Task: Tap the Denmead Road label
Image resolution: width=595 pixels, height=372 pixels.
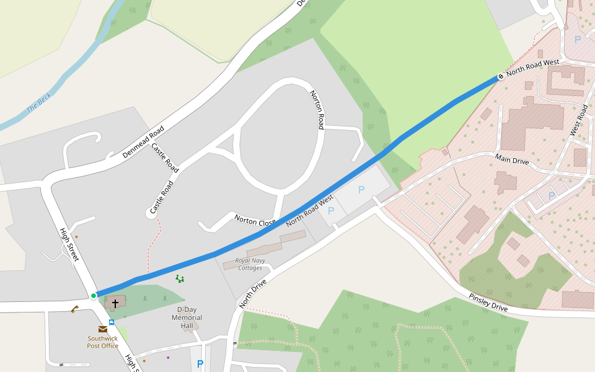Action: tap(143, 141)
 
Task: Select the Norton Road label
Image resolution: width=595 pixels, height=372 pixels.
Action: tap(317, 110)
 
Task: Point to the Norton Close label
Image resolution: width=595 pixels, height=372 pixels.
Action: tap(255, 221)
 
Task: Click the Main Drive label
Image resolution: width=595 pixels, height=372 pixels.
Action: tap(512, 160)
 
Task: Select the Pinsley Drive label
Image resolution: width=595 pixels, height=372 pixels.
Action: tap(488, 303)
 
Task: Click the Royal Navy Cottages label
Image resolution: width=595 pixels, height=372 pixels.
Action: tap(250, 264)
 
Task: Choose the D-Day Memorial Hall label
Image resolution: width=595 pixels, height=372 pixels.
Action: tap(187, 317)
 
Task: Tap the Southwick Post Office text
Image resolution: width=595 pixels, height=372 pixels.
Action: tap(103, 342)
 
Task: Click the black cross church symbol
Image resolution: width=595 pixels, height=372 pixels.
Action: tap(115, 304)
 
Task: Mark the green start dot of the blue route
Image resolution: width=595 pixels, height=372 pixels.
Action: tap(94, 296)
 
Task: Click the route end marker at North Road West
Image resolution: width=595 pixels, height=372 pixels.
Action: tap(500, 77)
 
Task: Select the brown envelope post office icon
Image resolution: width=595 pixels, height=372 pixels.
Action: tap(102, 329)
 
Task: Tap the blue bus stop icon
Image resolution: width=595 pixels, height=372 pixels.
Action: tap(112, 322)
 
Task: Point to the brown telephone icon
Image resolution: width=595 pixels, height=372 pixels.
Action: tap(74, 309)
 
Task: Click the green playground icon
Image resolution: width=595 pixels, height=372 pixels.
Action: tap(180, 279)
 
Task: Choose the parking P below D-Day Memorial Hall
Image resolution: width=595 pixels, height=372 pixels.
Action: tap(200, 364)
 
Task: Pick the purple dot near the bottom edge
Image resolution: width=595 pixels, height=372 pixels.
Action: tap(167, 357)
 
